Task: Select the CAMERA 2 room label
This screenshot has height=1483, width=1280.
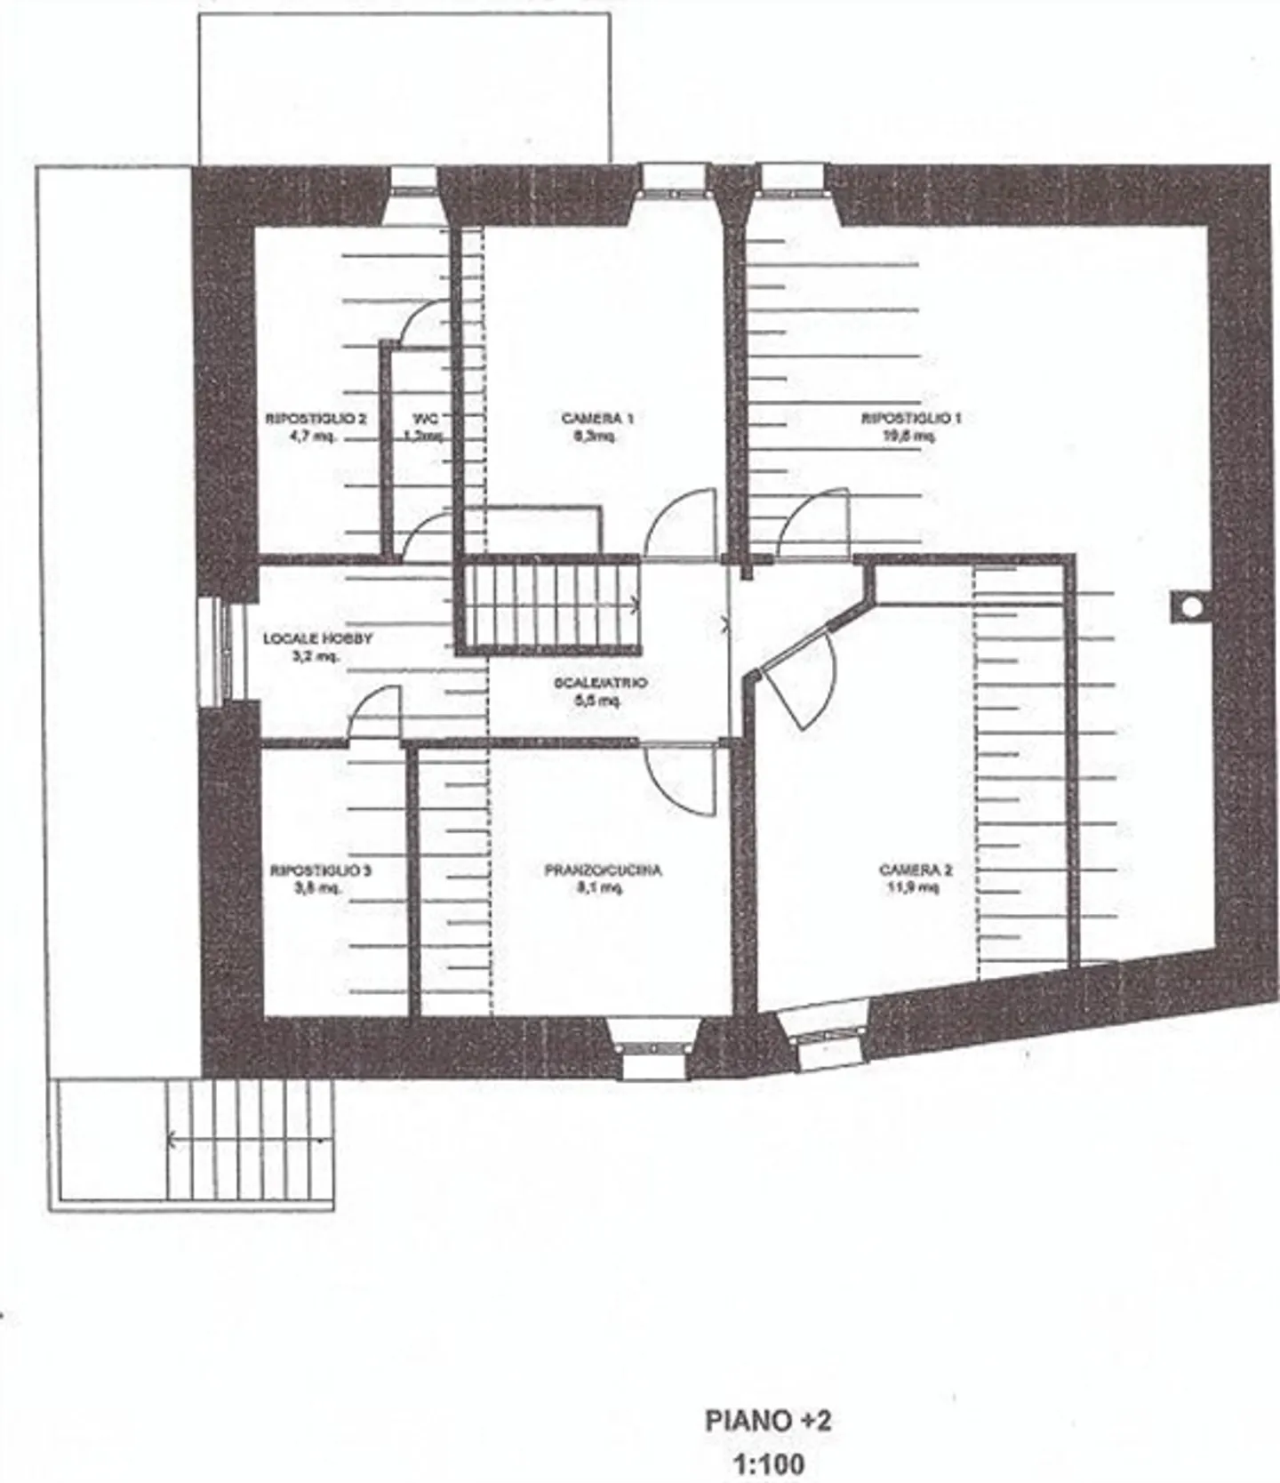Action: tap(916, 870)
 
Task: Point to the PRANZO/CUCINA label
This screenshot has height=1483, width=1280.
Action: tap(603, 870)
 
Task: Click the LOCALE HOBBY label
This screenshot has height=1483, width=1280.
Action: tap(317, 638)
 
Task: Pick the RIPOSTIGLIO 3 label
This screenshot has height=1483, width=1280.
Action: tap(320, 870)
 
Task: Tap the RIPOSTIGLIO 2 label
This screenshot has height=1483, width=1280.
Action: tap(316, 418)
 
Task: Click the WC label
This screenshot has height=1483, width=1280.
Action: tap(424, 418)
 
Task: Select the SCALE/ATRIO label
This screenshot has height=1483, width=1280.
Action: tap(601, 683)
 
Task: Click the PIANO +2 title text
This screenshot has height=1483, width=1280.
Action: tap(768, 1420)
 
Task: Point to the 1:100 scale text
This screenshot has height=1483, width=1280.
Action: tap(768, 1463)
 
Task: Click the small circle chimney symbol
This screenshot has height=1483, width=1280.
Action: tap(1191, 606)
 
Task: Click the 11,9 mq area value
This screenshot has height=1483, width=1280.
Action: tap(913, 887)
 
